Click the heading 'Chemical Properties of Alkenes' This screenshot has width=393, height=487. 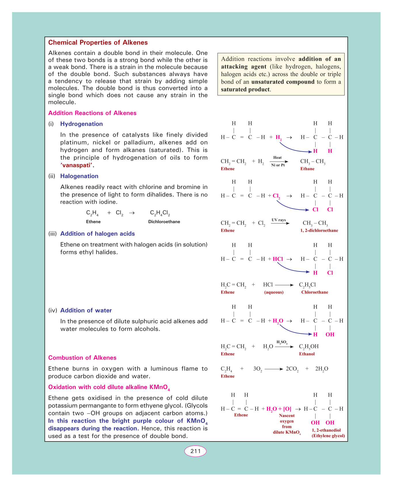(98, 43)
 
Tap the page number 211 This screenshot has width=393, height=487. (195, 451)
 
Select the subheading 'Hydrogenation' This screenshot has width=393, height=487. (81, 124)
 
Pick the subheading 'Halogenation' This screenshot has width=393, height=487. (79, 176)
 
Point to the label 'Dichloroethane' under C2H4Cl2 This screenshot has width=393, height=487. (164, 222)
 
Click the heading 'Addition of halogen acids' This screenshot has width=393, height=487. (98, 234)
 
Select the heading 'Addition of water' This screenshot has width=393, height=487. (86, 310)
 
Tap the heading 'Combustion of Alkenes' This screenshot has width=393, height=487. (82, 358)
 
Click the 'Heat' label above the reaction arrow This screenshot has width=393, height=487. (277, 158)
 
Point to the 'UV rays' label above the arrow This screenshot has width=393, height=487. (278, 220)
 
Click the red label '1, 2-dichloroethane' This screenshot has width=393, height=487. (319, 231)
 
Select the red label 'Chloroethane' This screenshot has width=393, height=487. (314, 292)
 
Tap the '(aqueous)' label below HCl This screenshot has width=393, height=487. (274, 292)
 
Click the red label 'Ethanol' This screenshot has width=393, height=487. (307, 354)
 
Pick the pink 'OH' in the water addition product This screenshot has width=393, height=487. (330, 335)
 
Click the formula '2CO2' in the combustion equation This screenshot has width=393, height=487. (292, 369)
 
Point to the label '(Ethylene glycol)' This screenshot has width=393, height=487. (328, 436)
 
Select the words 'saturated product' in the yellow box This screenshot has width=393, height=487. (245, 89)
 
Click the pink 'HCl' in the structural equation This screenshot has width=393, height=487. (278, 259)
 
